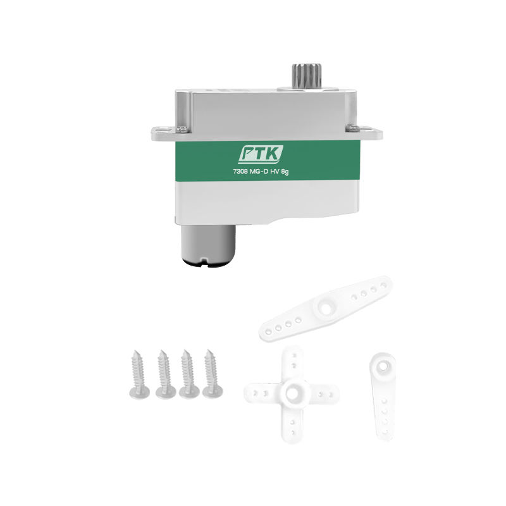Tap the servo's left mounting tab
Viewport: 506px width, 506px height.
tap(164, 133)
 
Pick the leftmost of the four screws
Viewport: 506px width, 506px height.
tap(139, 374)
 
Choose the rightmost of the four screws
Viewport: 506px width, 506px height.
tap(211, 374)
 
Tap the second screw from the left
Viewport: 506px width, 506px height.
tap(164, 374)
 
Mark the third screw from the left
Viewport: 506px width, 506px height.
tap(188, 374)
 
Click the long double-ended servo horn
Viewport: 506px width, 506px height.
tap(326, 308)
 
